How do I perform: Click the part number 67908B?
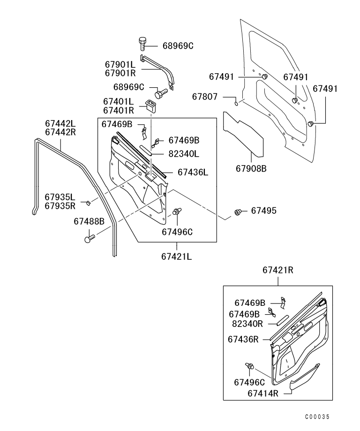[250, 168]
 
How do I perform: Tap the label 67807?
[205, 97]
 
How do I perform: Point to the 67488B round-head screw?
[89, 238]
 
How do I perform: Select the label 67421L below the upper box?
[177, 257]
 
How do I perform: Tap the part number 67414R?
[263, 393]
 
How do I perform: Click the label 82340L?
[184, 153]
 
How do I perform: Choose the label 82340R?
[248, 323]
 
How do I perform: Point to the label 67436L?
[193, 173]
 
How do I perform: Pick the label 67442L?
[60, 123]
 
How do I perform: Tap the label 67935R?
[60, 205]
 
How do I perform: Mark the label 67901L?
[120, 64]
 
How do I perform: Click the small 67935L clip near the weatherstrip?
[87, 203]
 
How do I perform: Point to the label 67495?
[263, 211]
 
